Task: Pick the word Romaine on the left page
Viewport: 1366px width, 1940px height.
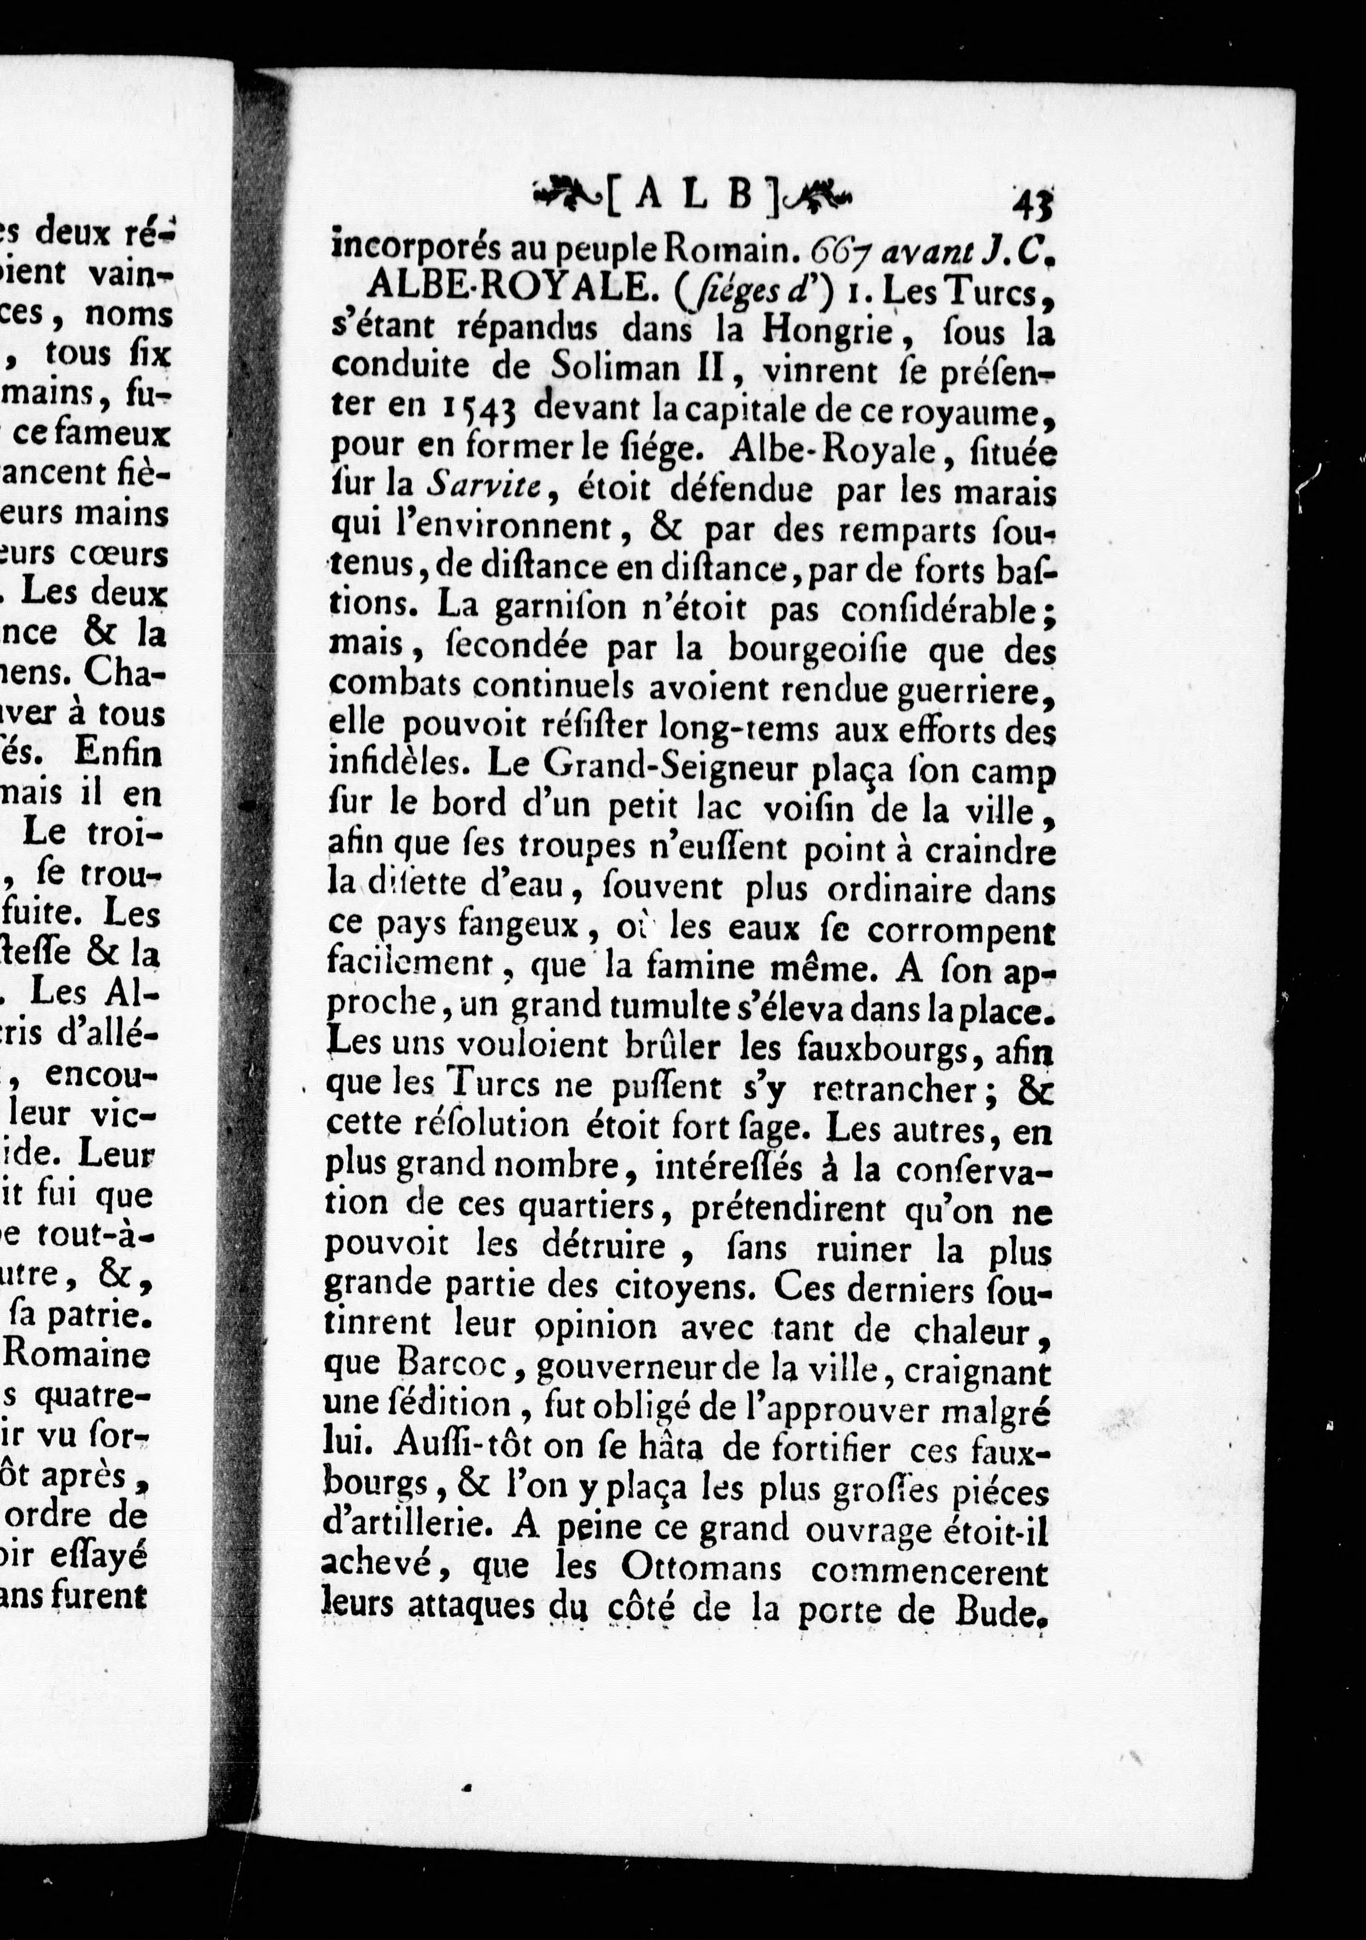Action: coord(78,1356)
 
